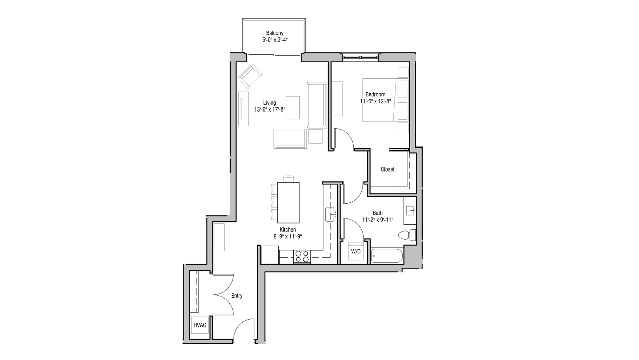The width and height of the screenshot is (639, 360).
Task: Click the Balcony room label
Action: pos(275,33)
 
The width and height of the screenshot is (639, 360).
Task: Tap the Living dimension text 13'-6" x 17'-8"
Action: pos(270,109)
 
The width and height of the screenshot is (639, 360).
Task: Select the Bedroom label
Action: pos(375,94)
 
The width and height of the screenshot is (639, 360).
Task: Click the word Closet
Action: pos(388,169)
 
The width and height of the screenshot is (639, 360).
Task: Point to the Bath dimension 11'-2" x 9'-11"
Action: pos(378,220)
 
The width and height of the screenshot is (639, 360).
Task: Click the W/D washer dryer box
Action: pos(356,251)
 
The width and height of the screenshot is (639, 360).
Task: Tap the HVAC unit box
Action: pos(200,325)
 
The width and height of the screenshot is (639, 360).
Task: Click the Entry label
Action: pos(237,296)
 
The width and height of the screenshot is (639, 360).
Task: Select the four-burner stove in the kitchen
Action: pos(302,256)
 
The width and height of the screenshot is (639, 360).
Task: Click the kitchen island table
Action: pos(288,202)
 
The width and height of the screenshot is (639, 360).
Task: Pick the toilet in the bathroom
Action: pos(406,235)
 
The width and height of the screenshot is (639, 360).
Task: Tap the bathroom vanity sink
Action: pos(411,211)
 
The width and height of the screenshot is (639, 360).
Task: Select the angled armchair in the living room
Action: pos(250,76)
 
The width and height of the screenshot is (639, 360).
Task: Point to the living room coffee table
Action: pos(293,108)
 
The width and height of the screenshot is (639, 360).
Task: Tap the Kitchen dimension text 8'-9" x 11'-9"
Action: pos(286,237)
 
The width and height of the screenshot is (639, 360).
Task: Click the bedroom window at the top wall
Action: pos(360,57)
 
